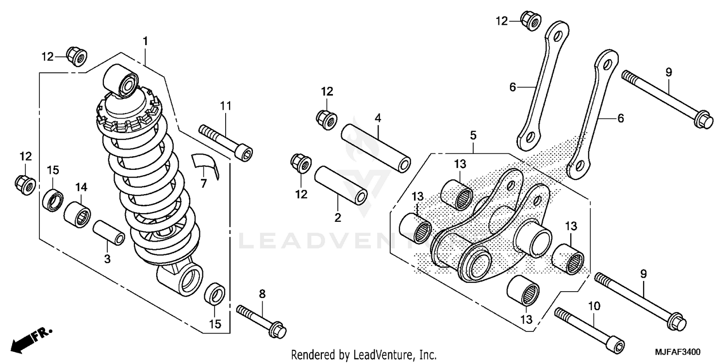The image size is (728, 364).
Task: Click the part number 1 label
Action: coord(145,41)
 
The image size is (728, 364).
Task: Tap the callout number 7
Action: coord(203,184)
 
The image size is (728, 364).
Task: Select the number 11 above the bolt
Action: coord(226,105)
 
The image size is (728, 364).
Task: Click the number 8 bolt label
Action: coord(262,293)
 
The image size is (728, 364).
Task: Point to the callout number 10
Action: coord(595,306)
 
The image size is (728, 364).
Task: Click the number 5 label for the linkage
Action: coord(473,135)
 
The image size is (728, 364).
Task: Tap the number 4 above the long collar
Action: coord(378,118)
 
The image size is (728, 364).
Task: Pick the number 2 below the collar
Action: coord(338,218)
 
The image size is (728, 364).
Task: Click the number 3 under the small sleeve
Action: coord(107,259)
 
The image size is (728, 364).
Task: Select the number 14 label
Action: coord(81,187)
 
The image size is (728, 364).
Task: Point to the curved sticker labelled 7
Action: coord(205,164)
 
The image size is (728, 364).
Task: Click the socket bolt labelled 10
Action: coord(589,331)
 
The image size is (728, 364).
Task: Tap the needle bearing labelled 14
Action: coord(78,214)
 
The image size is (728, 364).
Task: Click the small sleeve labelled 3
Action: coord(109,234)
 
